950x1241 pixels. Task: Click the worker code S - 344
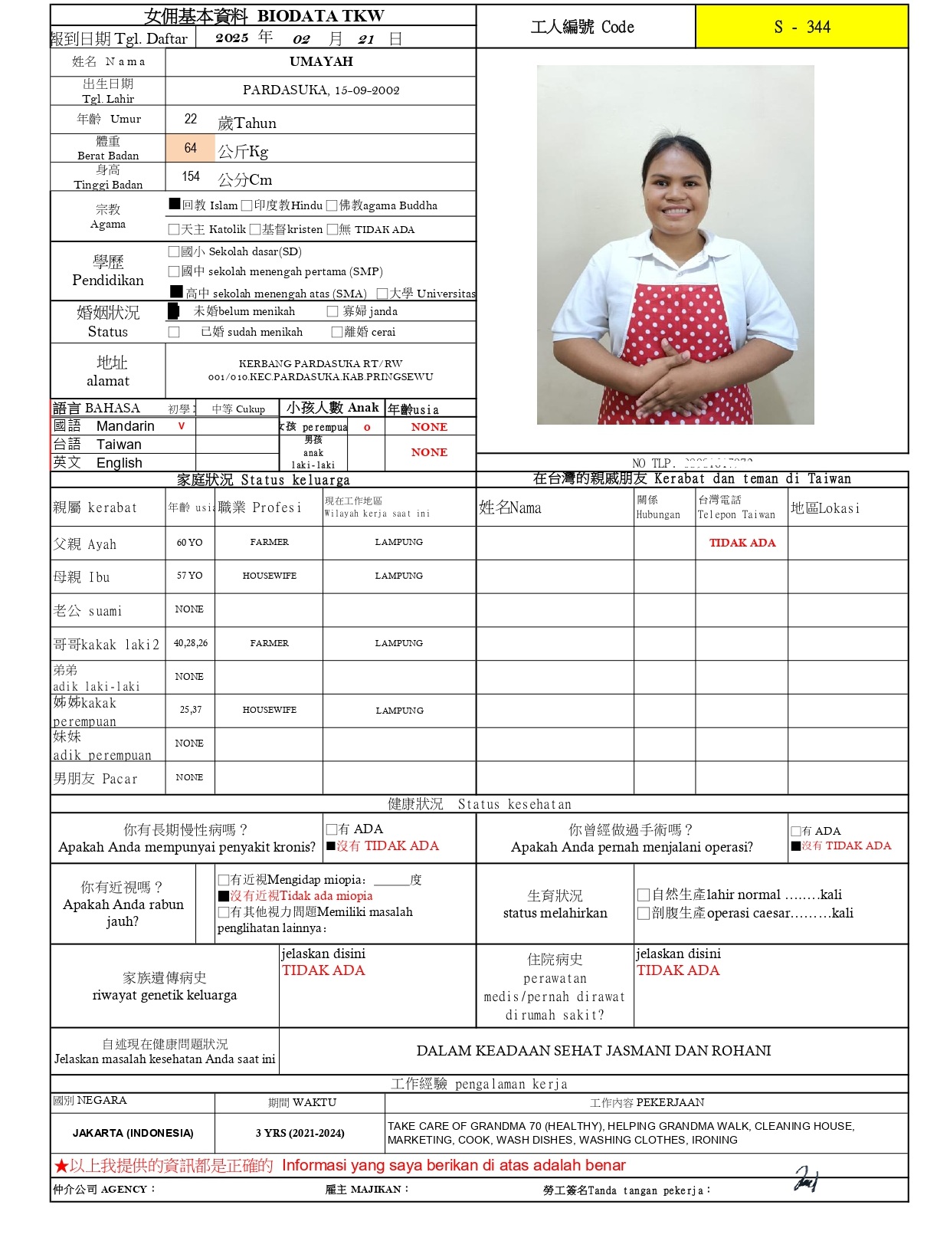click(801, 28)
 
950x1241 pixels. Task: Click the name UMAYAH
click(321, 61)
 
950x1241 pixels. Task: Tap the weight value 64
click(191, 148)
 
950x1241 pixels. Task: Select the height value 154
click(191, 177)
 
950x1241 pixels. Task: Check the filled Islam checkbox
click(175, 204)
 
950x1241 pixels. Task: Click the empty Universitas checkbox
click(382, 293)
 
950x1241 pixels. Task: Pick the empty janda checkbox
click(332, 311)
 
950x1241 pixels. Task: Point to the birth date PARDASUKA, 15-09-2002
click(321, 90)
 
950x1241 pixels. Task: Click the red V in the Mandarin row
click(182, 426)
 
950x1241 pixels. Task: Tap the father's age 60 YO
click(189, 543)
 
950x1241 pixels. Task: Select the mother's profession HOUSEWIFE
click(269, 576)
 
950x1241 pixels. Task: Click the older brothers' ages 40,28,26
click(190, 643)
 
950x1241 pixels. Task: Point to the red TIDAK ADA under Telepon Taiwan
click(742, 543)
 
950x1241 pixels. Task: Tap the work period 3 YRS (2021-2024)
click(300, 1133)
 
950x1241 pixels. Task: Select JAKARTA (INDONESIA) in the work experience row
click(133, 1133)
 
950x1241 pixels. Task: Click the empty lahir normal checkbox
click(644, 895)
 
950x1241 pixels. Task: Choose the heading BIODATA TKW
click(320, 16)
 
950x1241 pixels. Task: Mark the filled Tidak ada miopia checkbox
click(224, 896)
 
